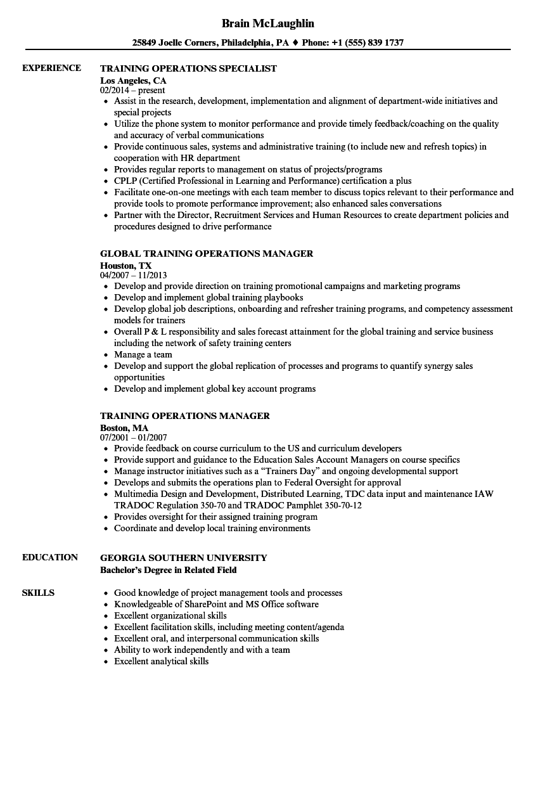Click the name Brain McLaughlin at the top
(267, 23)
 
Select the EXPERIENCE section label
(51, 68)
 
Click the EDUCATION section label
(50, 558)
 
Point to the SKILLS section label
(38, 593)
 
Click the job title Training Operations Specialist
(188, 68)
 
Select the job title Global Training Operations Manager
(207, 254)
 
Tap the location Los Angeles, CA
(133, 81)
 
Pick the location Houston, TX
(126, 266)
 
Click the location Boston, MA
(124, 428)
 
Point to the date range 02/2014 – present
(132, 91)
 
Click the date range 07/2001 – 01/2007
(133, 438)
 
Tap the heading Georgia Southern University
(183, 558)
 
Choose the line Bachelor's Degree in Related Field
(168, 570)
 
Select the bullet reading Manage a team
(143, 355)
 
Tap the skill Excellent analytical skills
(161, 662)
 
